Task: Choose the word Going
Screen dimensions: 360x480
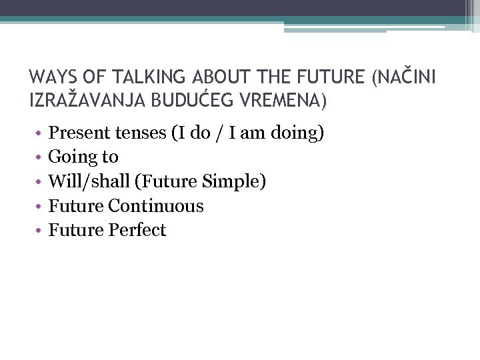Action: (70, 157)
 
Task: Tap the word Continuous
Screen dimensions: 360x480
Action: (156, 206)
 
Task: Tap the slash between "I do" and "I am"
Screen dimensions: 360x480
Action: (216, 133)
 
